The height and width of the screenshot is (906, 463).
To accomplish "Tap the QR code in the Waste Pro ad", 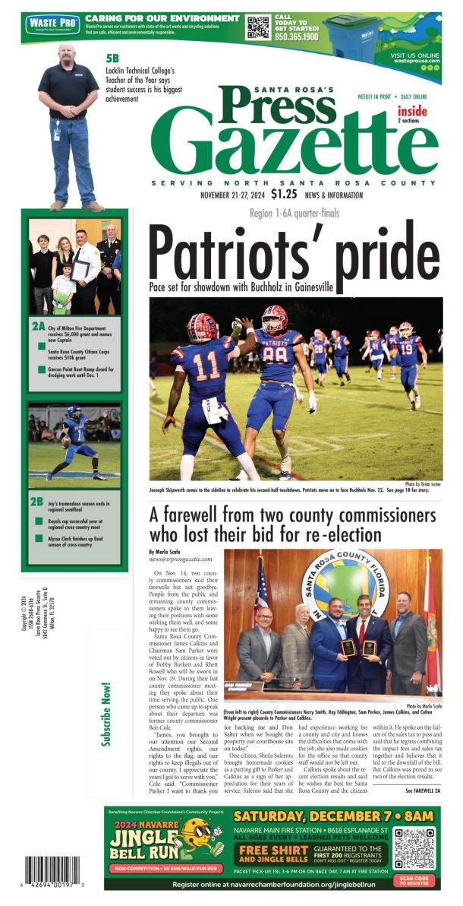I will [x=258, y=28].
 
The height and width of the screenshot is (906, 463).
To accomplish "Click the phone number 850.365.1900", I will [x=297, y=36].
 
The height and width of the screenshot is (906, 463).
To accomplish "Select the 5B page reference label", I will [x=112, y=57].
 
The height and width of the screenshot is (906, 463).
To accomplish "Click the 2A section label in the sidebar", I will [x=38, y=326].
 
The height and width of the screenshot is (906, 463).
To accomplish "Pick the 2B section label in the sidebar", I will [x=37, y=501].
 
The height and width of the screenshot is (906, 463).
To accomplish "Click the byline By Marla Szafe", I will [x=165, y=550].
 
